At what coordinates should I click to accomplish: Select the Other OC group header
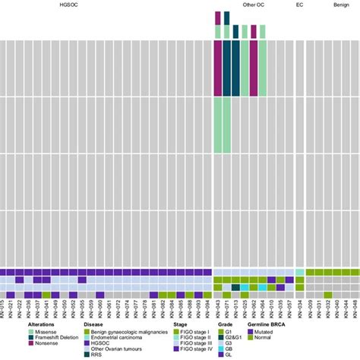click(x=254, y=5)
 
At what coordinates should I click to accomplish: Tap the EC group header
click(x=301, y=5)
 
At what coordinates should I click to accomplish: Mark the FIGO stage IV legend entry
click(x=194, y=349)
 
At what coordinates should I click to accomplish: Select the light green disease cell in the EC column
click(x=299, y=272)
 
